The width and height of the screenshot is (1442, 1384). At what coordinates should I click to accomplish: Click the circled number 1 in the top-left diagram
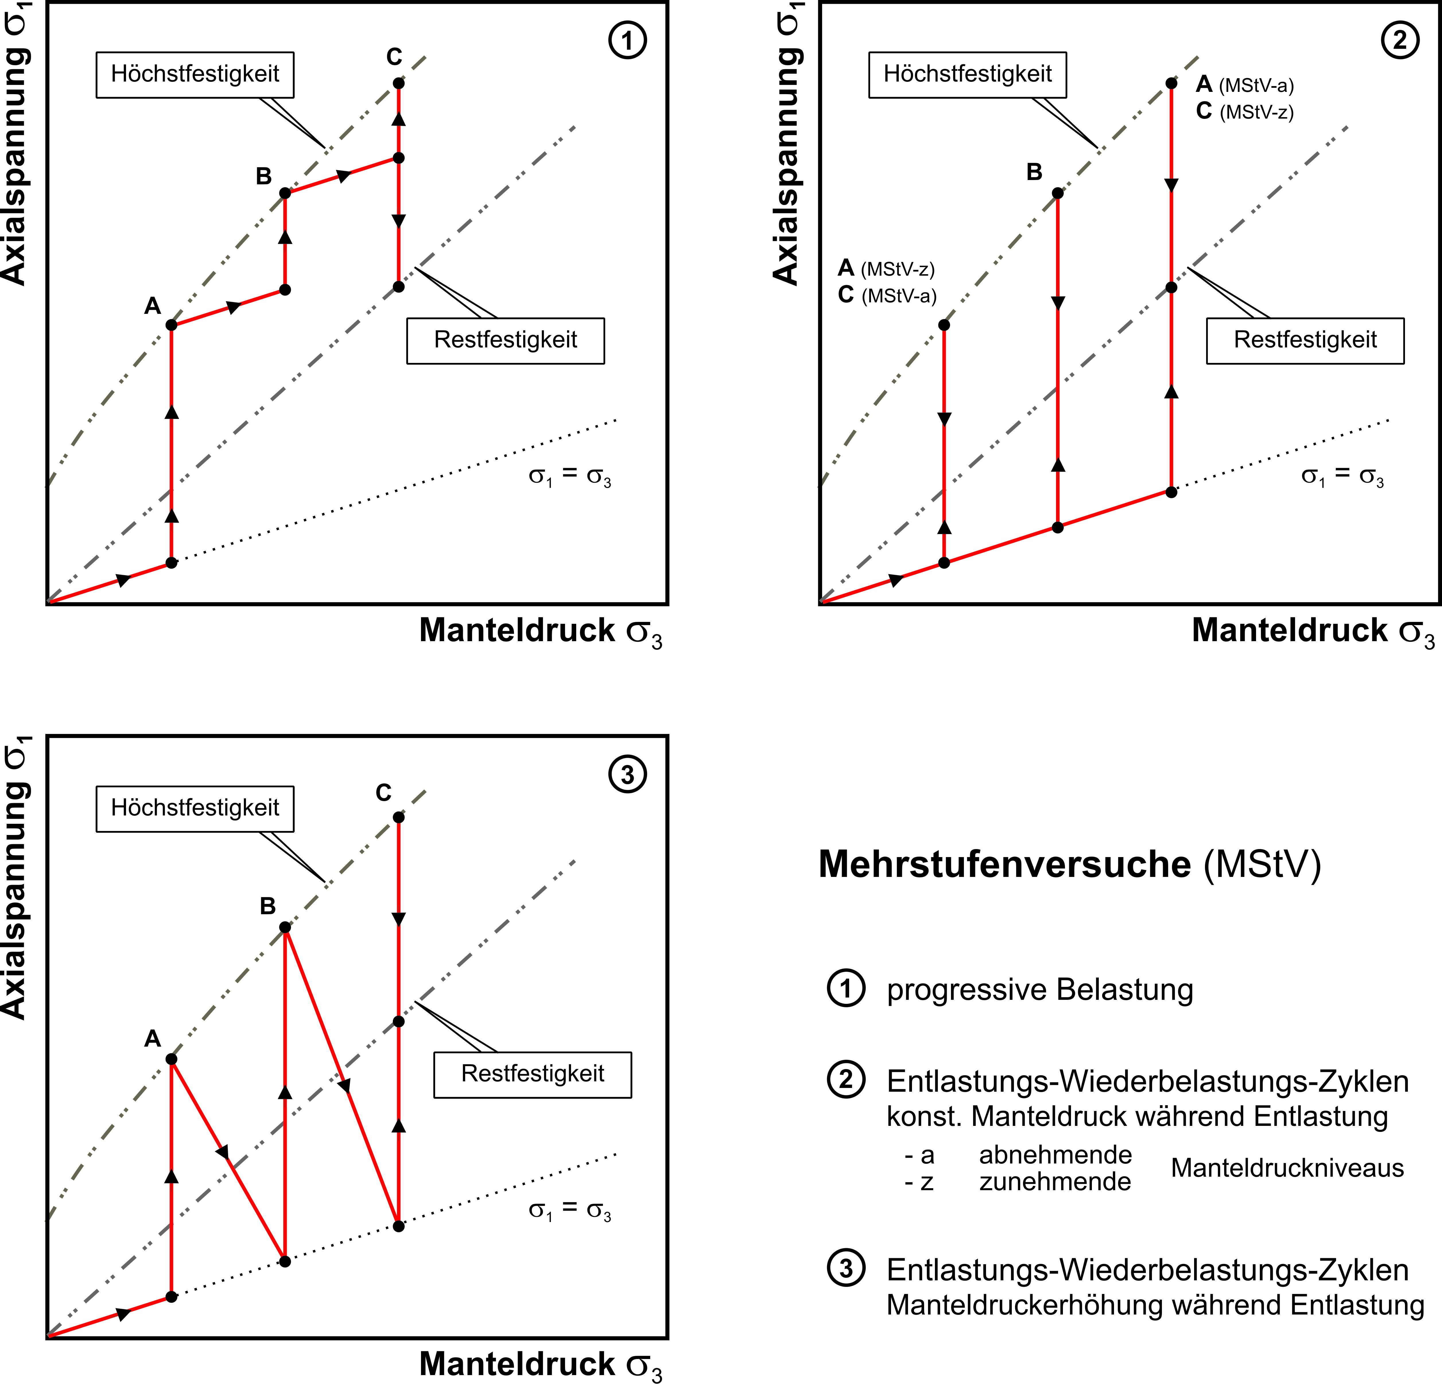628,40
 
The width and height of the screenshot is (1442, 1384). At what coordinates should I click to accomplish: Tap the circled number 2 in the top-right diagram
1400,40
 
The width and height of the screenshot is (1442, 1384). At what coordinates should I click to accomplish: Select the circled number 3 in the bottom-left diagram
628,774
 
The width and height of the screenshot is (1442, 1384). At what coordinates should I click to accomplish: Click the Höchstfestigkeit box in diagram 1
195,74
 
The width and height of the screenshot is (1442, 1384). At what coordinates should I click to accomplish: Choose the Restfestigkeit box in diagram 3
533,1075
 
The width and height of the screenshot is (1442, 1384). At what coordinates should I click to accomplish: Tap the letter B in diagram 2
1035,172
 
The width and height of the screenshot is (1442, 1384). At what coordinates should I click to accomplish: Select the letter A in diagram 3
152,1039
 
